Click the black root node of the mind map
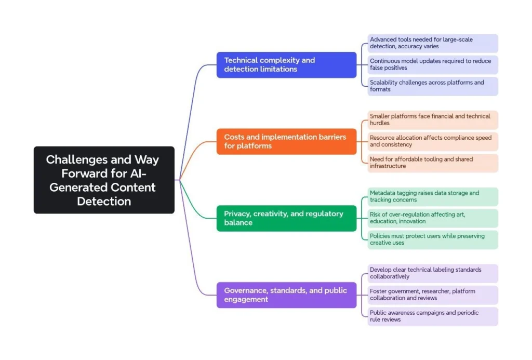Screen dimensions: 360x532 pyautogui.click(x=104, y=180)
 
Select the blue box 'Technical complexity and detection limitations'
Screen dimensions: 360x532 pyautogui.click(x=286, y=65)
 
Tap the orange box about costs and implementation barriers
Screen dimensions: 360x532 pyautogui.click(x=286, y=141)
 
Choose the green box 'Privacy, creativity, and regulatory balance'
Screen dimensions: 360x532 pyautogui.click(x=286, y=218)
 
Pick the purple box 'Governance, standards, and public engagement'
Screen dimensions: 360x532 pyautogui.click(x=286, y=295)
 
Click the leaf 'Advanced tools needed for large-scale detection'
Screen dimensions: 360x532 pyautogui.click(x=433, y=43)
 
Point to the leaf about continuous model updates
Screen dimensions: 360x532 pyautogui.click(x=433, y=64)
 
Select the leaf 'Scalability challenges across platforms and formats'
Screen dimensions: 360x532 pyautogui.click(x=433, y=86)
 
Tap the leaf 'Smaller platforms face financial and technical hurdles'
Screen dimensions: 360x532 pyautogui.click(x=433, y=120)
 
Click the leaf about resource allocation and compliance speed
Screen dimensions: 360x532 pyautogui.click(x=433, y=141)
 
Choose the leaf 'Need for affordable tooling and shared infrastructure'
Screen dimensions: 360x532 pyautogui.click(x=433, y=163)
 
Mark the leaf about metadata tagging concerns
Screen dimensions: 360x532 pyautogui.click(x=433, y=197)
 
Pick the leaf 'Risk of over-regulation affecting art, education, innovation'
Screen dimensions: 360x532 pyautogui.click(x=433, y=218)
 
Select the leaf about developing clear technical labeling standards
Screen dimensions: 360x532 pyautogui.click(x=433, y=274)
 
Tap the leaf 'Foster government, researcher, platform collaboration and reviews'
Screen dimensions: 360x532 pyautogui.click(x=433, y=295)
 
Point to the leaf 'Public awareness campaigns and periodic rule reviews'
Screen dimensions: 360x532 pyautogui.click(x=433, y=316)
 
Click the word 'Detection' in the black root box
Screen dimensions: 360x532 pyautogui.click(x=104, y=201)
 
